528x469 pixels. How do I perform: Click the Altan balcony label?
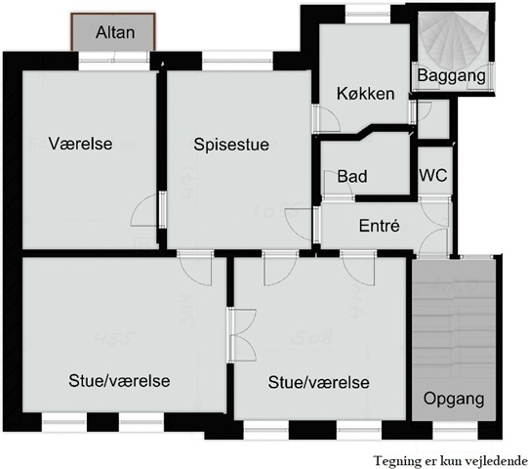pyautogui.click(x=115, y=32)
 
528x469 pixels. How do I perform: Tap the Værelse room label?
pyautogui.click(x=80, y=144)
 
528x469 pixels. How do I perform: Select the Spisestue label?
pyautogui.click(x=231, y=145)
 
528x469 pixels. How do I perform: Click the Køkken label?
pyautogui.click(x=365, y=93)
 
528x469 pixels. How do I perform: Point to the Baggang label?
pyautogui.click(x=452, y=75)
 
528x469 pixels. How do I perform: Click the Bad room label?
pyautogui.click(x=352, y=176)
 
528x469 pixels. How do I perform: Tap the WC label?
pyautogui.click(x=433, y=175)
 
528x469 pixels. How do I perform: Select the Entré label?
pyautogui.click(x=379, y=226)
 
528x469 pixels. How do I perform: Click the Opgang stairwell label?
pyautogui.click(x=454, y=399)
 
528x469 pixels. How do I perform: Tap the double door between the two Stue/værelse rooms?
pyautogui.click(x=242, y=335)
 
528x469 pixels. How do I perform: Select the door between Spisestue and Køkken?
pyautogui.click(x=326, y=117)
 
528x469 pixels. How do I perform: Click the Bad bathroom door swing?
pyautogui.click(x=338, y=185)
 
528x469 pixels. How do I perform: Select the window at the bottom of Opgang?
pyautogui.click(x=455, y=431)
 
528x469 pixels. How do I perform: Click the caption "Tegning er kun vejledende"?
pyautogui.click(x=451, y=460)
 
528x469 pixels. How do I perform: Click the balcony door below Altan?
pyautogui.click(x=114, y=62)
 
